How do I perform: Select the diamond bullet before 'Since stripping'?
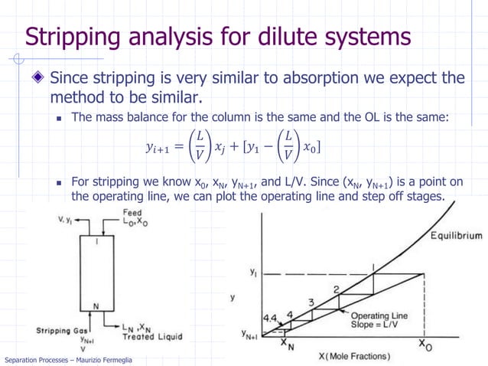[x=37, y=79]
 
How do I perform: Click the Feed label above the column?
[x=132, y=212]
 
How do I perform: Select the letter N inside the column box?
[x=96, y=307]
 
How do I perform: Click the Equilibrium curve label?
[x=455, y=235]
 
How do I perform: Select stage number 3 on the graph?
[x=311, y=302]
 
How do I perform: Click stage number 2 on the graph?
[x=336, y=289]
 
